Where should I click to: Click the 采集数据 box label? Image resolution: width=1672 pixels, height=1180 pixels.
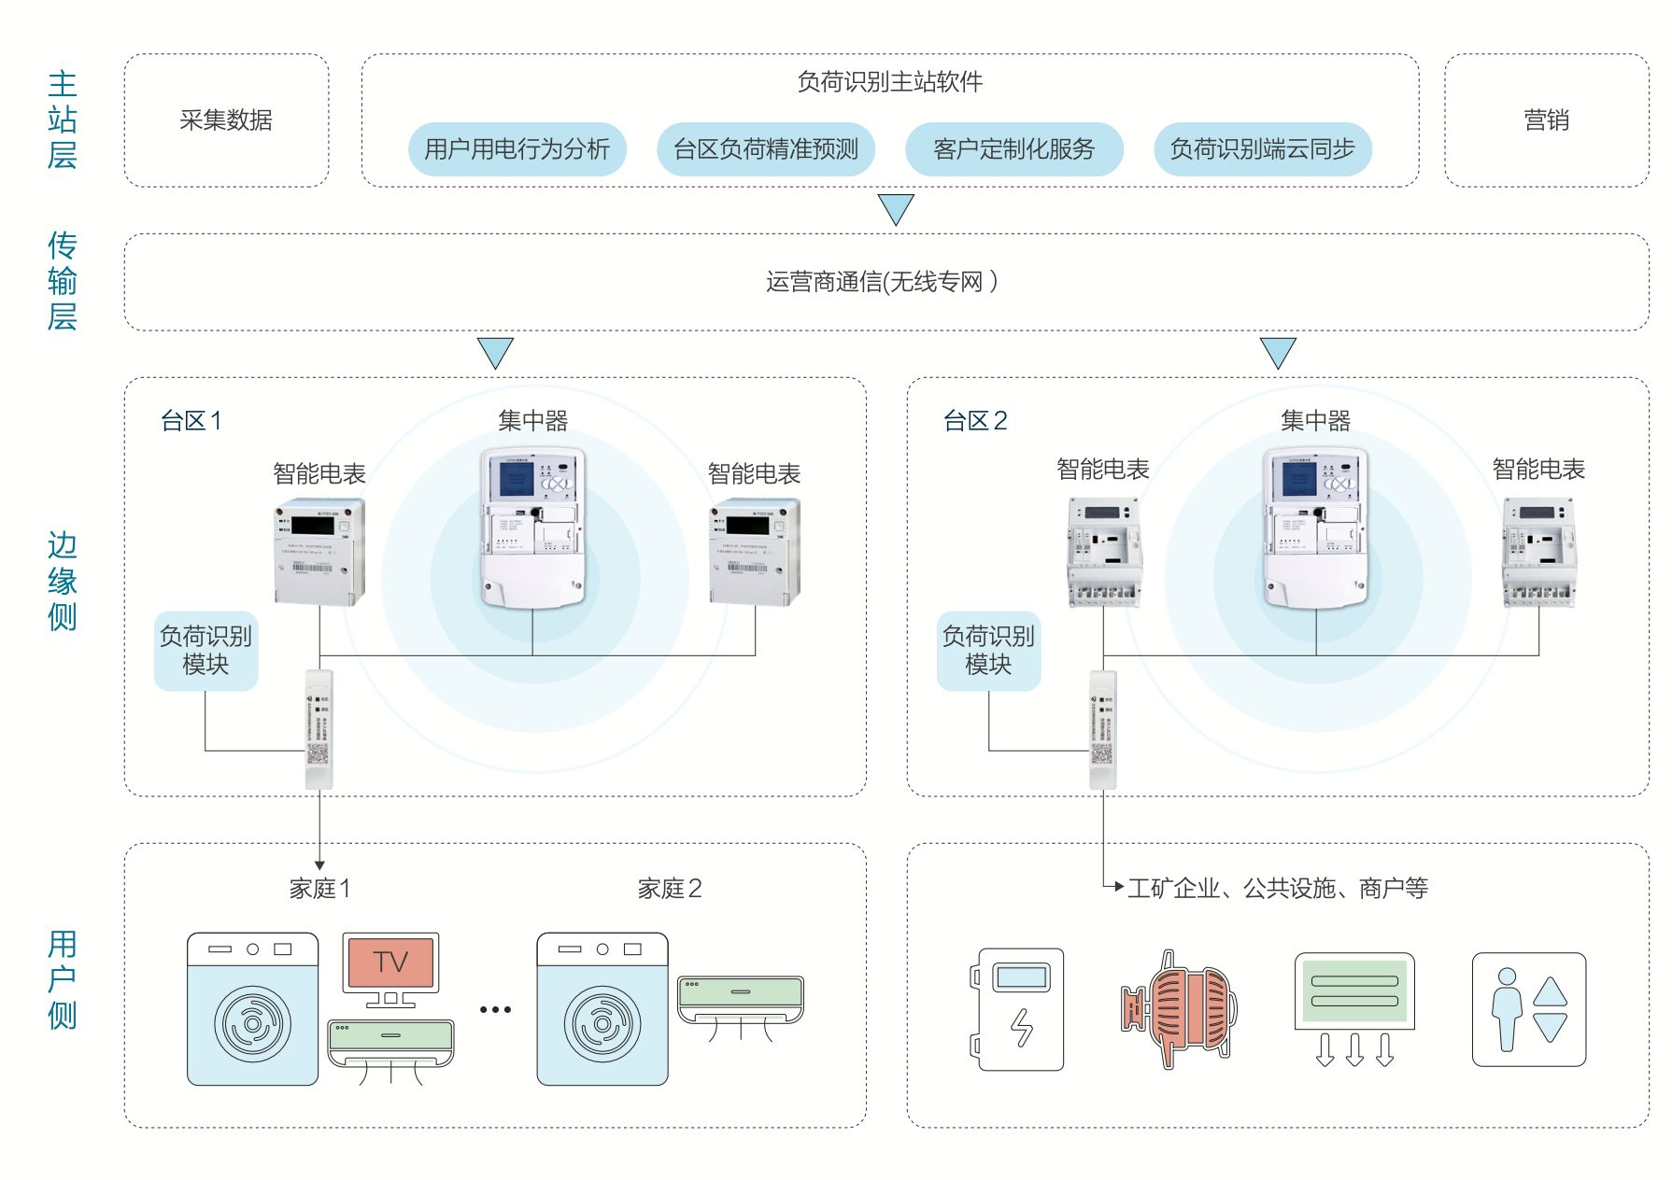pos(226,120)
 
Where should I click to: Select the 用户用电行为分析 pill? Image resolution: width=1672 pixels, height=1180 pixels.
pos(517,149)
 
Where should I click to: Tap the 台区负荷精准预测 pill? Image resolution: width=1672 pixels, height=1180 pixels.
pos(765,149)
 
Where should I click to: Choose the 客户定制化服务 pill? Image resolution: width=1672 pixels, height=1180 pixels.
pos(1013,149)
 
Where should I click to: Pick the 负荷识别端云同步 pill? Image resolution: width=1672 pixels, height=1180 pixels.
pos(1262,149)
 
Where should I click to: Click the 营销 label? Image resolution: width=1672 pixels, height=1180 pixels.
pos(1546,120)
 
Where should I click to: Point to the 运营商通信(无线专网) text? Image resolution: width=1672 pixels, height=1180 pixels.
pos(882,282)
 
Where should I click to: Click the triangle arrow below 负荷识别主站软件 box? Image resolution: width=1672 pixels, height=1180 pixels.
pos(896,208)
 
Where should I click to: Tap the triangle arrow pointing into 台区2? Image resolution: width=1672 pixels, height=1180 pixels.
pos(1278,352)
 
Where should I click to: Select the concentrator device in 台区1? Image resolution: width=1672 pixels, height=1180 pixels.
pos(532,527)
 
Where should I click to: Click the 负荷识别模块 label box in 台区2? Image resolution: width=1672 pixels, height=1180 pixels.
pos(988,651)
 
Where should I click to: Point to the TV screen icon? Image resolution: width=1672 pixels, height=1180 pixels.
pos(390,962)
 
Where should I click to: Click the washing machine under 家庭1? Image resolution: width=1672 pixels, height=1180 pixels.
pos(252,1009)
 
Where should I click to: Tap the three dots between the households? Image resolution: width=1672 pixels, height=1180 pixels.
pos(495,1009)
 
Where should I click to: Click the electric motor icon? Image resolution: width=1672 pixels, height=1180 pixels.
pos(1180,1009)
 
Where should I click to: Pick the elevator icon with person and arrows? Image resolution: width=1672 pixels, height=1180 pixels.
pos(1528,1009)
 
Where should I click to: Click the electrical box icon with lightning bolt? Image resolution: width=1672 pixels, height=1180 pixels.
pos(1019,1009)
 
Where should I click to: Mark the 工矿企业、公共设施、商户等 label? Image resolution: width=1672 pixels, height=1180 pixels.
pos(1277,889)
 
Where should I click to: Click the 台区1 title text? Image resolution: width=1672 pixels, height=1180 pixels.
pos(191,421)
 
